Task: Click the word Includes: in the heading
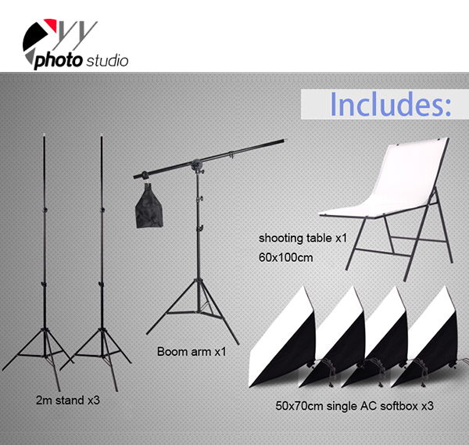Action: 390,104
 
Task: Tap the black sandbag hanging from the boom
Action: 149,206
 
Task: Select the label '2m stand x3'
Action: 67,400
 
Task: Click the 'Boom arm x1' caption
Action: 192,351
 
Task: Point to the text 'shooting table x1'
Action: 303,239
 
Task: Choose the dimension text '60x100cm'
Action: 285,257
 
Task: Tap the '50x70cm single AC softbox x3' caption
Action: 354,406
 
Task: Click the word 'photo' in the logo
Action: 59,61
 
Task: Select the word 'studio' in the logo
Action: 107,61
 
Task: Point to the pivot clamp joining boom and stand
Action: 197,165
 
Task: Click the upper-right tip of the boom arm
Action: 285,140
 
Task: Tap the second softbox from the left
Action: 332,338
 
